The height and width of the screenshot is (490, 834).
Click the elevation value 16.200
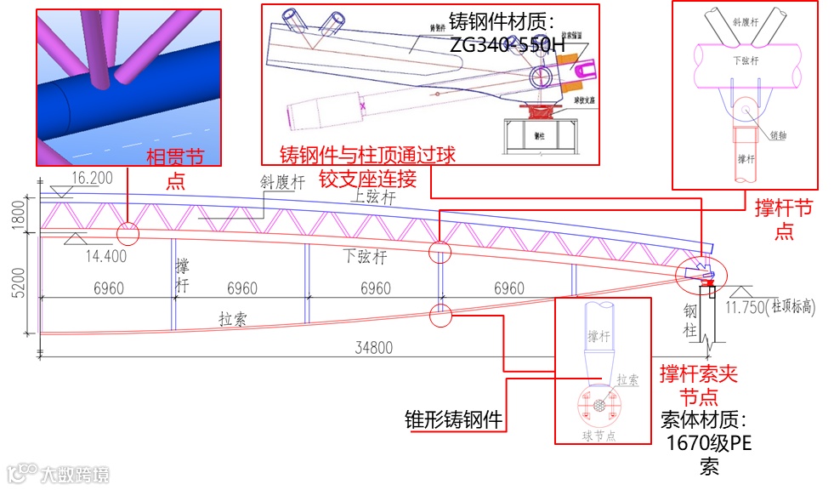tap(93, 179)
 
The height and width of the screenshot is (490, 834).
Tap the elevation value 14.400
tap(106, 254)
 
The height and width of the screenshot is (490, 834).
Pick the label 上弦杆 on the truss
tap(373, 197)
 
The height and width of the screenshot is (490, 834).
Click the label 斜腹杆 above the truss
tap(283, 181)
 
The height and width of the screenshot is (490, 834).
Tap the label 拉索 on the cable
tap(235, 319)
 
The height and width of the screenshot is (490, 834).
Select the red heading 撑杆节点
tap(783, 219)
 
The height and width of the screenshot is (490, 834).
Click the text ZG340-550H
tap(502, 45)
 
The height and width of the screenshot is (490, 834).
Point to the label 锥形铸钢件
tap(452, 419)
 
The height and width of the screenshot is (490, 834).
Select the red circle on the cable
tap(440, 315)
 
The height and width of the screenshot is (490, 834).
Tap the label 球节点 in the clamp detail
tap(600, 436)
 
